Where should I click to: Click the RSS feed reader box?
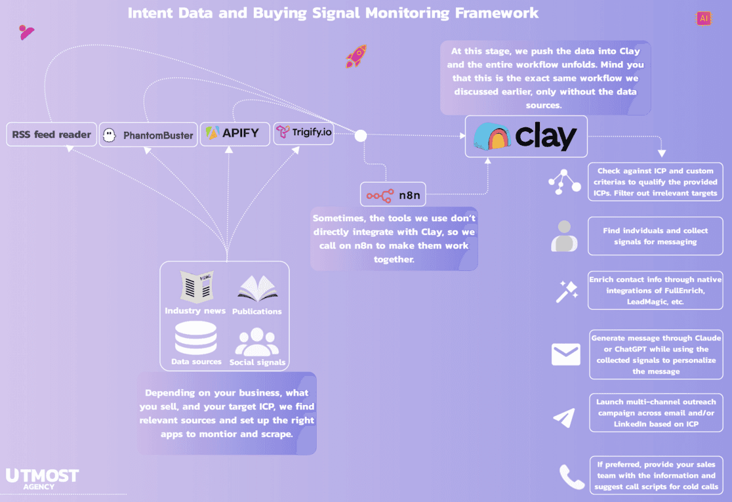[x=52, y=135]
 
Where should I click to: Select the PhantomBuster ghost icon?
[x=111, y=135]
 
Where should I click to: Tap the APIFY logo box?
[x=232, y=133]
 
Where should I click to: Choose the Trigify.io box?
[x=304, y=133]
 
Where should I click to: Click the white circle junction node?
[x=360, y=136]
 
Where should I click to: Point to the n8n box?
[x=393, y=195]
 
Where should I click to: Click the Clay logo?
[x=526, y=136]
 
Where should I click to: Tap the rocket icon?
[x=356, y=57]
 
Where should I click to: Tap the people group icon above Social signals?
[x=257, y=341]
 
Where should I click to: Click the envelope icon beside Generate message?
[x=565, y=355]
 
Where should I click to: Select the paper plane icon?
[x=564, y=417]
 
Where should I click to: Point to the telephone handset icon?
[x=571, y=476]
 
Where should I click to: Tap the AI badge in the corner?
[x=704, y=18]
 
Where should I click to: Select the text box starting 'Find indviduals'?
[x=655, y=236]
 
